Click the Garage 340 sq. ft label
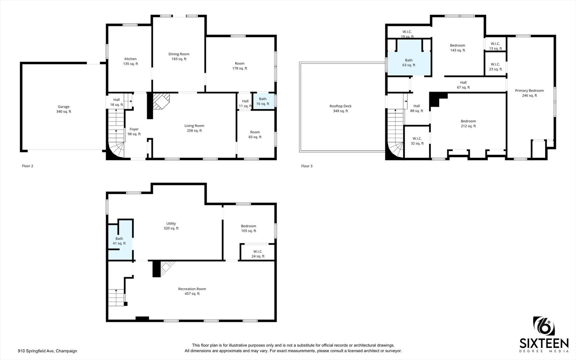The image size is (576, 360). [64, 109]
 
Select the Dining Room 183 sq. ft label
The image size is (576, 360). [179, 56]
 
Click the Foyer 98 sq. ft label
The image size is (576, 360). [134, 131]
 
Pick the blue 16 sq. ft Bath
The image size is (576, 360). [263, 101]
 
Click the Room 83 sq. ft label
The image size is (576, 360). [255, 134]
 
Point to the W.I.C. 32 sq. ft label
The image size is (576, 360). [417, 141]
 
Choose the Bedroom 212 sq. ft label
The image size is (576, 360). [468, 123]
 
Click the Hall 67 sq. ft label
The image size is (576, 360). [463, 85]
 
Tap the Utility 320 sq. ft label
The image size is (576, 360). [171, 226]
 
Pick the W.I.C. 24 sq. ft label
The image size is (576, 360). [258, 254]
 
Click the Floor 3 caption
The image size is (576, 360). [307, 166]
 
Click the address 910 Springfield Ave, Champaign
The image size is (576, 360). [47, 351]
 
